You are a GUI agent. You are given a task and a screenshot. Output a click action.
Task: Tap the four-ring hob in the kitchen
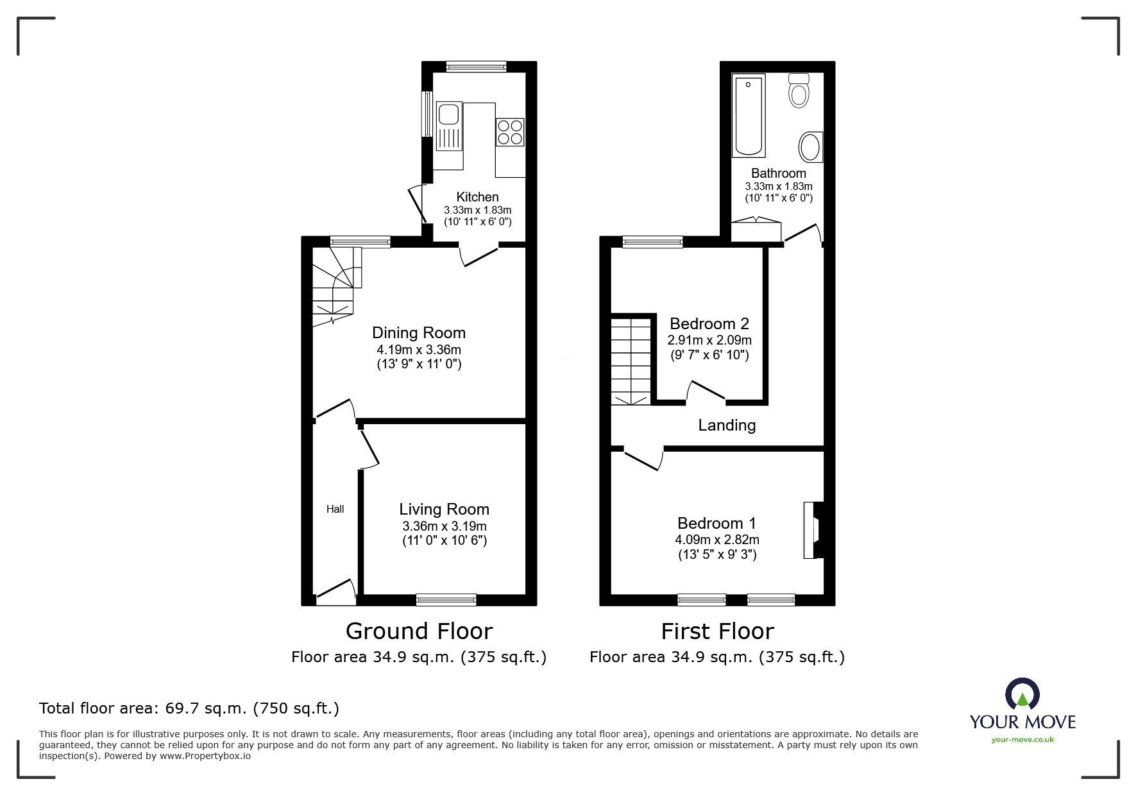coord(510,132)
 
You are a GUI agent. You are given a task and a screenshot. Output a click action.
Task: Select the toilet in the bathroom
coord(799,91)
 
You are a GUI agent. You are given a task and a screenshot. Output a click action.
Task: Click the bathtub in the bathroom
coord(749,116)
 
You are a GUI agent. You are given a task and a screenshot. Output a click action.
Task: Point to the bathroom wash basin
coord(811,148)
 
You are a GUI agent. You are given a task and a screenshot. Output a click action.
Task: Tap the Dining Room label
coord(419,332)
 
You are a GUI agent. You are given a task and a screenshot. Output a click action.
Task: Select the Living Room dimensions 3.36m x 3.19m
coord(444,526)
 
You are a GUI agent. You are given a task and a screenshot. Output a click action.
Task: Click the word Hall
coord(335,509)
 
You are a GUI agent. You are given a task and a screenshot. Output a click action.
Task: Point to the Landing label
coord(727,425)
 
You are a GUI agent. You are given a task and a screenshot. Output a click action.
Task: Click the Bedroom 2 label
coord(709,323)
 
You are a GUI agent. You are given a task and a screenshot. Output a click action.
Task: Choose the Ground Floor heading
coord(419,631)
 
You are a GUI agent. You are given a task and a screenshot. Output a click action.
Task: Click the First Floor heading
coord(717,631)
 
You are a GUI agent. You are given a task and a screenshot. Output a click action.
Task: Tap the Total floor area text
coord(189,708)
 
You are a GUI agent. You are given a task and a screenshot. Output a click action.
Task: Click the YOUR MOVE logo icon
coord(1022,695)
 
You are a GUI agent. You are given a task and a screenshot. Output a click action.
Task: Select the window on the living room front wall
coord(446,599)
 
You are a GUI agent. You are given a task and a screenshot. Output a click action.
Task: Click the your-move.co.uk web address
coord(1022,740)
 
